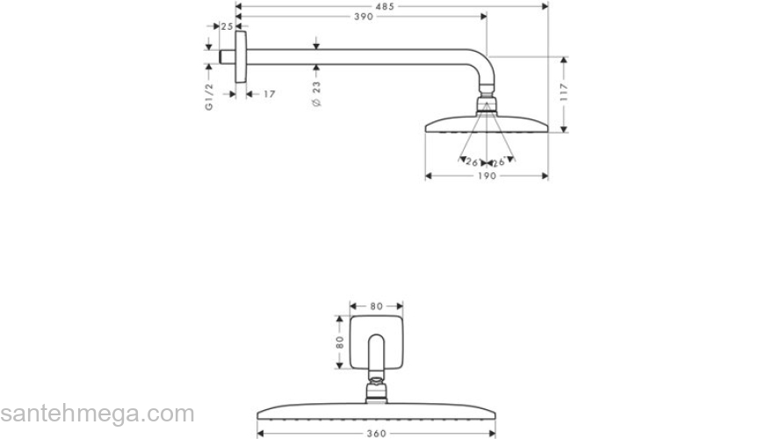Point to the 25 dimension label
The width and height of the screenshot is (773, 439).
click(227, 27)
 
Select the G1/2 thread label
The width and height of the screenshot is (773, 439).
click(209, 94)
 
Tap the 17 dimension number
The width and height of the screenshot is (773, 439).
click(269, 93)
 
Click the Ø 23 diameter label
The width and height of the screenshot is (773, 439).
click(316, 93)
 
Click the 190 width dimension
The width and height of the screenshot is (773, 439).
click(487, 176)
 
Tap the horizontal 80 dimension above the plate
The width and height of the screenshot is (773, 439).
click(376, 306)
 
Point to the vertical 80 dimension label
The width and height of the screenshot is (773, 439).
click(339, 340)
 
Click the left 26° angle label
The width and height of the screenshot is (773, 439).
click(472, 162)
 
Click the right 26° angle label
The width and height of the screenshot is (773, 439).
click(499, 162)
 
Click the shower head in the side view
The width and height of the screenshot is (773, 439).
click(487, 124)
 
